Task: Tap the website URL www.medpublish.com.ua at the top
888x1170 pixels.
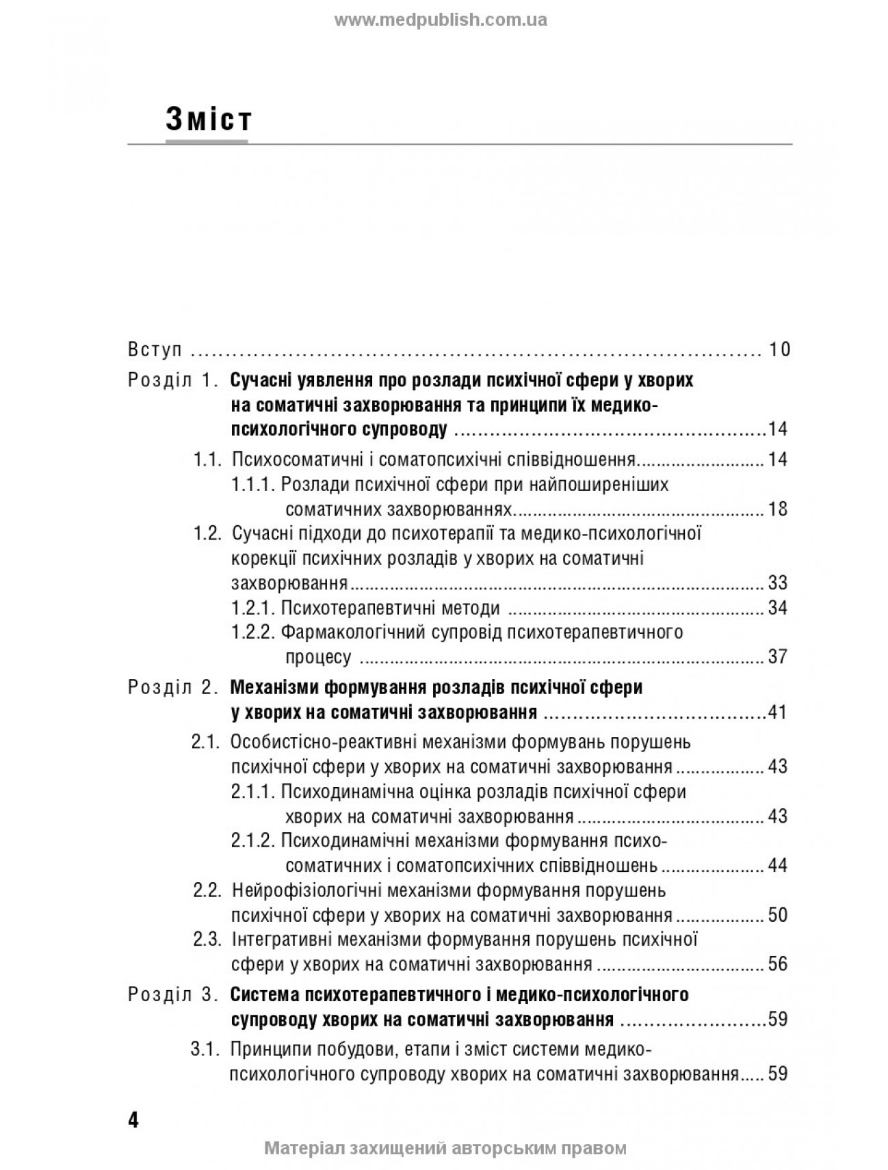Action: (441, 20)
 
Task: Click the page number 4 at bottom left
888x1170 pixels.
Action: (133, 1121)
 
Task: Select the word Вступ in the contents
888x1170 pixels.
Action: (155, 350)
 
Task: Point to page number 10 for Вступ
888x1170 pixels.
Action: (779, 350)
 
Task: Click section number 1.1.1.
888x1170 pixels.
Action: (253, 485)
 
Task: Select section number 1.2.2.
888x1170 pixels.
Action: (253, 632)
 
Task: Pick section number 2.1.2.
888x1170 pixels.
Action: (253, 840)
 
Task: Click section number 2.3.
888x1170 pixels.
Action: (207, 940)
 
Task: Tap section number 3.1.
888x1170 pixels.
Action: (205, 1049)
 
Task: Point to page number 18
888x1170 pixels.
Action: (778, 509)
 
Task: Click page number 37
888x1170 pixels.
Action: (778, 657)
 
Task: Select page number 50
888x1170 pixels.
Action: (778, 915)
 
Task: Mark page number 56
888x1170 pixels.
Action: (778, 964)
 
